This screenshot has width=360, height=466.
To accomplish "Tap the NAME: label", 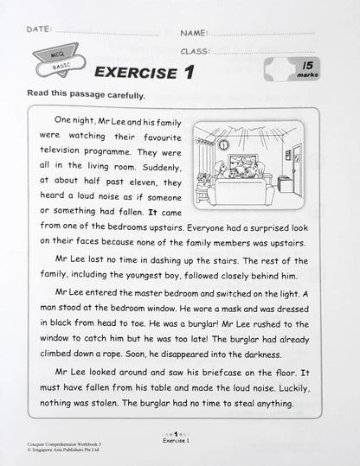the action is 194,33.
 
